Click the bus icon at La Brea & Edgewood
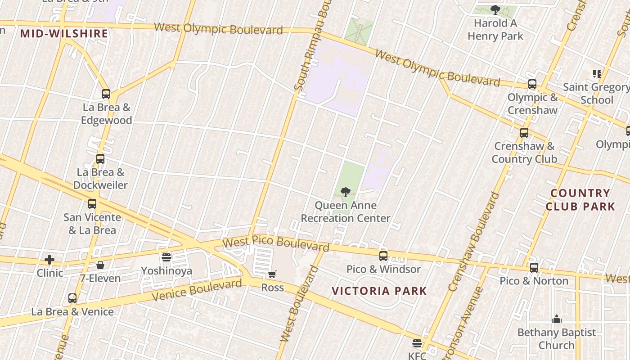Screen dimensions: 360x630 tap(106, 94)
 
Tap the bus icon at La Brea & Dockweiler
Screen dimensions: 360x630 tap(100, 159)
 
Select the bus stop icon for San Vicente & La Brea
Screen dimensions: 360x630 tap(92, 204)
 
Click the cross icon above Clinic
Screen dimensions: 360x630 tap(49, 260)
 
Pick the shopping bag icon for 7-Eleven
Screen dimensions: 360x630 tap(100, 265)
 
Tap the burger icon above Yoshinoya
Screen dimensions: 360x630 tap(166, 257)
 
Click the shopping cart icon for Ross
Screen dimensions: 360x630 tap(272, 274)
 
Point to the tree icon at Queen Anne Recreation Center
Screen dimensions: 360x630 tap(346, 192)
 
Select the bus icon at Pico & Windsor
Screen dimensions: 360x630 tap(383, 256)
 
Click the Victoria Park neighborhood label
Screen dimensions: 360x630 tap(379, 291)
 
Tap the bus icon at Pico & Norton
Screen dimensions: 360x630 tap(534, 268)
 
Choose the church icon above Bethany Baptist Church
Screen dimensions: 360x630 tap(557, 319)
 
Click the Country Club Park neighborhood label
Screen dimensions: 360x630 tap(580, 200)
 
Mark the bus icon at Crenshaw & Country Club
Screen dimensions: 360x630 tap(524, 133)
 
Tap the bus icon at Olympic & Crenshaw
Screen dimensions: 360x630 tap(532, 84)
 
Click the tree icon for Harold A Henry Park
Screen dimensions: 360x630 tap(495, 9)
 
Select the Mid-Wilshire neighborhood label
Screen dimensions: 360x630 tap(64, 33)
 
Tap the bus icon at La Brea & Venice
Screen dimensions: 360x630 tap(72, 298)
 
